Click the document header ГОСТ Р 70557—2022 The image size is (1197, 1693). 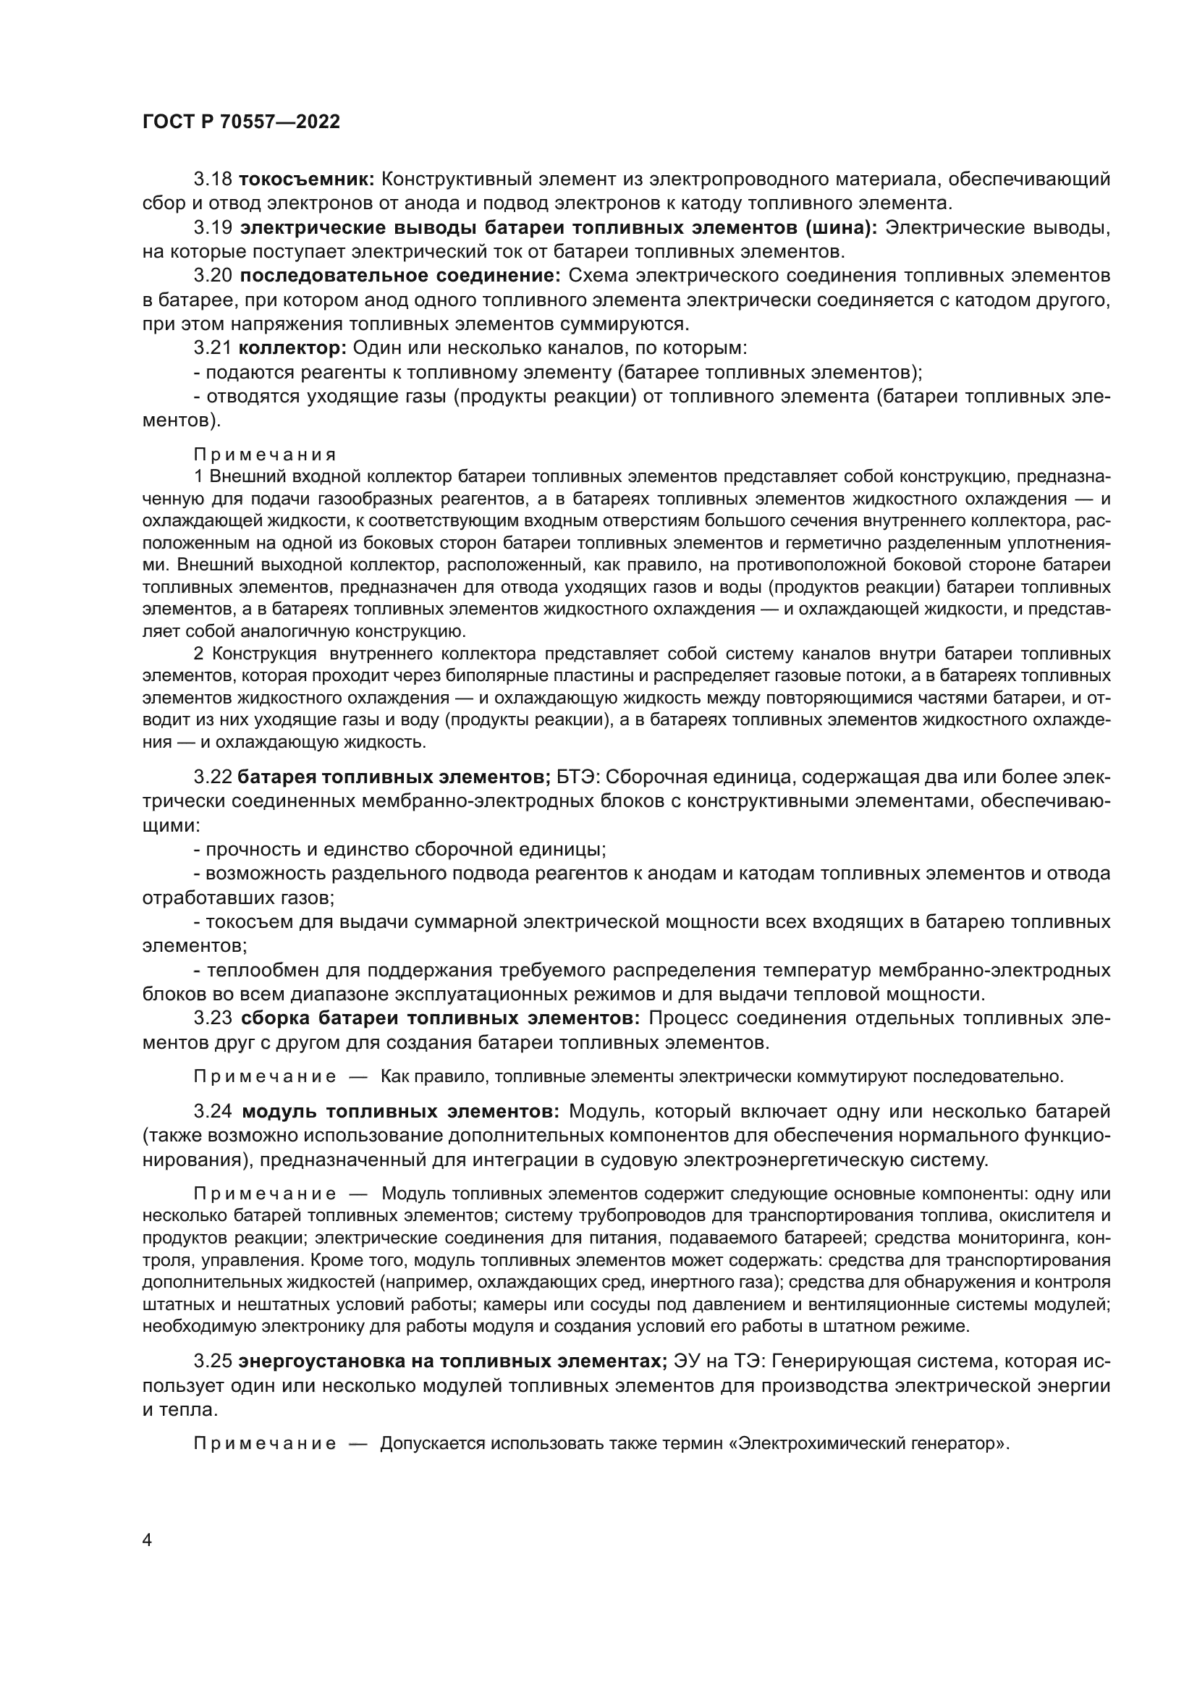(241, 122)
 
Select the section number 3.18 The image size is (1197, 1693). (213, 180)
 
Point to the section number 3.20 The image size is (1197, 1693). (213, 276)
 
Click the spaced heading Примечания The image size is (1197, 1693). (265, 455)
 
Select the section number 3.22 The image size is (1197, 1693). (213, 777)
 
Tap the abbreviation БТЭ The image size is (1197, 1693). (580, 777)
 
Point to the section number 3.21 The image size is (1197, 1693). (213, 348)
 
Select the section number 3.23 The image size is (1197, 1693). (213, 1019)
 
